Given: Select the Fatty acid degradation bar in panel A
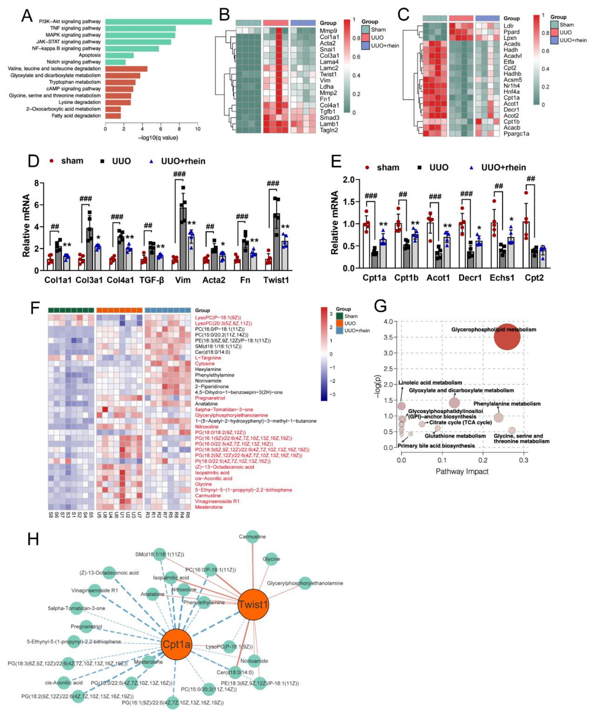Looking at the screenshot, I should (x=113, y=116).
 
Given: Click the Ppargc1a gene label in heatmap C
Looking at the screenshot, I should (x=516, y=133).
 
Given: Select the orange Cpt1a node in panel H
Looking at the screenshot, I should (x=176, y=644).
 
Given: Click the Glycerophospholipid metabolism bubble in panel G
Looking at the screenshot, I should (x=507, y=337).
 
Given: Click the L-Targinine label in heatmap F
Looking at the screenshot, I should (x=208, y=358).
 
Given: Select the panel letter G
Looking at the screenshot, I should (x=381, y=306).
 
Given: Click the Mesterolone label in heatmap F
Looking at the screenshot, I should (x=209, y=507).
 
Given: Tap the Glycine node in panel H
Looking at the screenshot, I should (x=271, y=559).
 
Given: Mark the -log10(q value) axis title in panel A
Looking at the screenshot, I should (x=158, y=138).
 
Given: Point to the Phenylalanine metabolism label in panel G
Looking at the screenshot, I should (x=507, y=404).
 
